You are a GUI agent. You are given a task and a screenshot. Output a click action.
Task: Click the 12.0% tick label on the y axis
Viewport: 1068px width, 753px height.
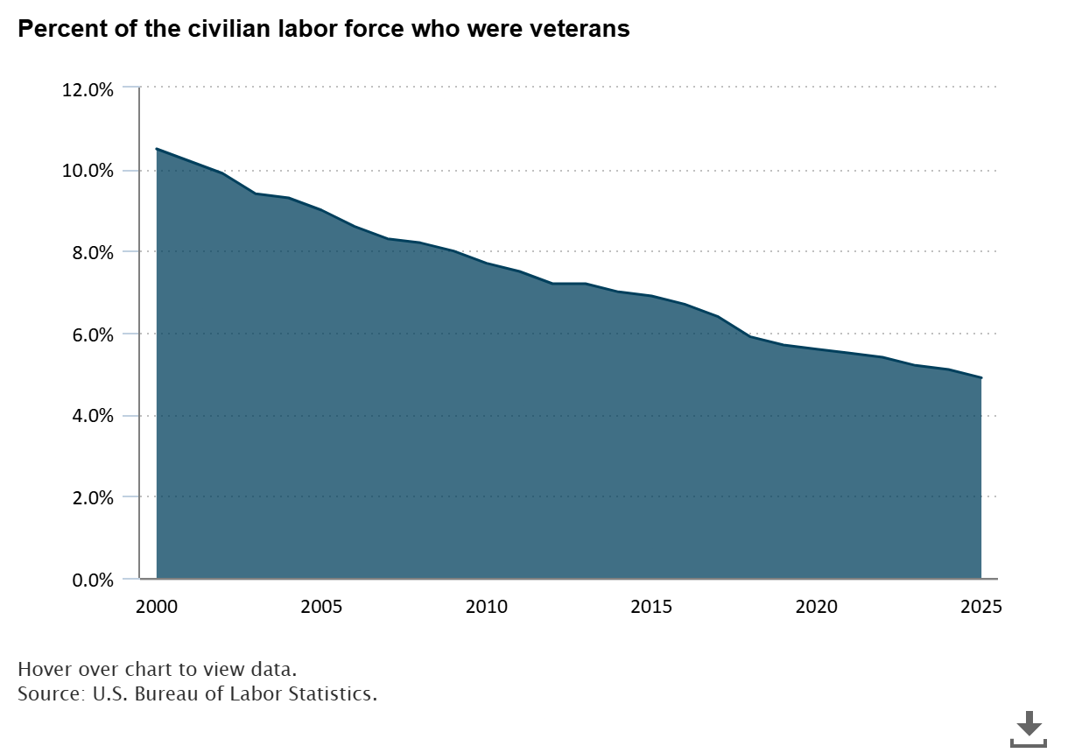(88, 88)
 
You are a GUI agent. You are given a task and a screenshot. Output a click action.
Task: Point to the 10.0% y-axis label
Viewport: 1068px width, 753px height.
(88, 171)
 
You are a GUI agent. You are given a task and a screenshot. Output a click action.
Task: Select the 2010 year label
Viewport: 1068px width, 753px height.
(487, 607)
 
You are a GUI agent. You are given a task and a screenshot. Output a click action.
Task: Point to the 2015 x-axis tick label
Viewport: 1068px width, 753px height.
(651, 607)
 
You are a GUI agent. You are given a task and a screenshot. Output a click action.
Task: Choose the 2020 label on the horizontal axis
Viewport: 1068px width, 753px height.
(816, 607)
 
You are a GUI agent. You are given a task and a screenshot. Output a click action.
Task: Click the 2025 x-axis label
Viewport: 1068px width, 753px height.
(980, 607)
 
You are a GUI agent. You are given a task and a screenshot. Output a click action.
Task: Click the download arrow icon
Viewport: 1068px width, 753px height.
(1029, 728)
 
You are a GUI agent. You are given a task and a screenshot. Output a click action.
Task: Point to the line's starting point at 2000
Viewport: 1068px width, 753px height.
(158, 150)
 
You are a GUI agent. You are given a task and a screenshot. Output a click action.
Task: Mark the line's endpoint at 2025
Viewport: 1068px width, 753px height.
(980, 378)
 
